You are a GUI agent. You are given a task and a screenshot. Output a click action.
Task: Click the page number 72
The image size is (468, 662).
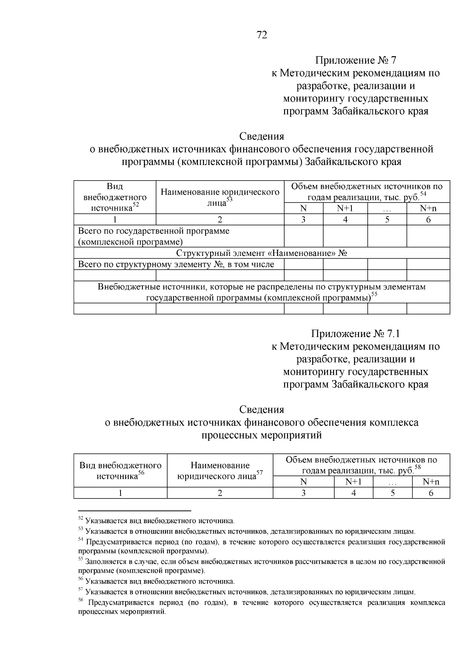(x=262, y=35)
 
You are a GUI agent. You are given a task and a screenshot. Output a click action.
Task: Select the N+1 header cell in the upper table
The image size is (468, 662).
(x=345, y=208)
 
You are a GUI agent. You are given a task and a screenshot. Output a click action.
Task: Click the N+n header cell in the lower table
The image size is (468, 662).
(x=431, y=482)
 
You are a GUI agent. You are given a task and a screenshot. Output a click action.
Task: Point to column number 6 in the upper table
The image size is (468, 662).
(x=428, y=220)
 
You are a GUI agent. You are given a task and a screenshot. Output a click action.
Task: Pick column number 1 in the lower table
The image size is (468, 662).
(x=121, y=493)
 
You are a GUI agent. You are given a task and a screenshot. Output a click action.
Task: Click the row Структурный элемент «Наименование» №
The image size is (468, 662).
(x=262, y=253)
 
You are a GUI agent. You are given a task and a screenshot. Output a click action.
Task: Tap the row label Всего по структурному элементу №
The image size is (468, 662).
(x=176, y=264)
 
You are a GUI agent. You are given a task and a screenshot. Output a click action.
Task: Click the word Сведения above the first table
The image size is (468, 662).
(x=261, y=137)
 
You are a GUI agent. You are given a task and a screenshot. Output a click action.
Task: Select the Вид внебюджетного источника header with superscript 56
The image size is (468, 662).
(x=121, y=470)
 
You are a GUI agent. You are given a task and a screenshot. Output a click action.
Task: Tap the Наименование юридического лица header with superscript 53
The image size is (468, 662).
(x=220, y=197)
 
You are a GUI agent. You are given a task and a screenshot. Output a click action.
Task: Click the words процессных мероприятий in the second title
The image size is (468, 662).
(x=261, y=435)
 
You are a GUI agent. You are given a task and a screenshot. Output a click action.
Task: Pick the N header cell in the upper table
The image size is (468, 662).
(x=303, y=208)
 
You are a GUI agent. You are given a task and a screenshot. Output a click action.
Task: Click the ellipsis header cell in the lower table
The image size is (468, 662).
(x=392, y=482)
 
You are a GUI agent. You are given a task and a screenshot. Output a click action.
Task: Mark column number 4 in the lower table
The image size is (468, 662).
(x=353, y=493)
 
